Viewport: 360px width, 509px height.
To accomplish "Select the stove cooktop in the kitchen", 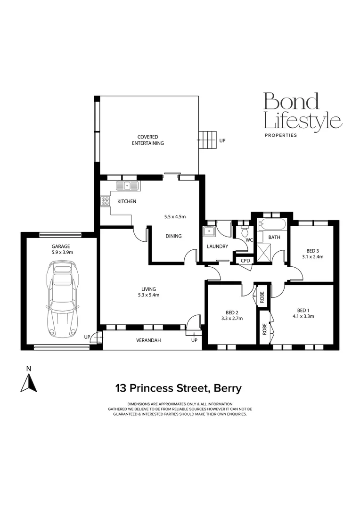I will click(x=104, y=201).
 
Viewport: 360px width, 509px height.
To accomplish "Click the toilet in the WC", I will click(x=244, y=231).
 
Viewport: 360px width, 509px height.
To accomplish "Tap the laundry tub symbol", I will click(x=208, y=231).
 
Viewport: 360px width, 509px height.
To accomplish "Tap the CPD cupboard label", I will click(x=245, y=260).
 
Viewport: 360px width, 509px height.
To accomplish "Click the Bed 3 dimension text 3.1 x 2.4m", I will click(x=312, y=257).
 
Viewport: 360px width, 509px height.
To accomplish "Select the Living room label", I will click(x=148, y=289).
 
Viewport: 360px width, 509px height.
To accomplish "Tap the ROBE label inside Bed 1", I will click(x=264, y=328).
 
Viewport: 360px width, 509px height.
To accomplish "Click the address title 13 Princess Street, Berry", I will click(x=179, y=388).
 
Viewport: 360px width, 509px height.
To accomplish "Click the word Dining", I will click(x=173, y=236).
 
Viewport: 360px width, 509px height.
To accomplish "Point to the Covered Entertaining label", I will click(x=147, y=140).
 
